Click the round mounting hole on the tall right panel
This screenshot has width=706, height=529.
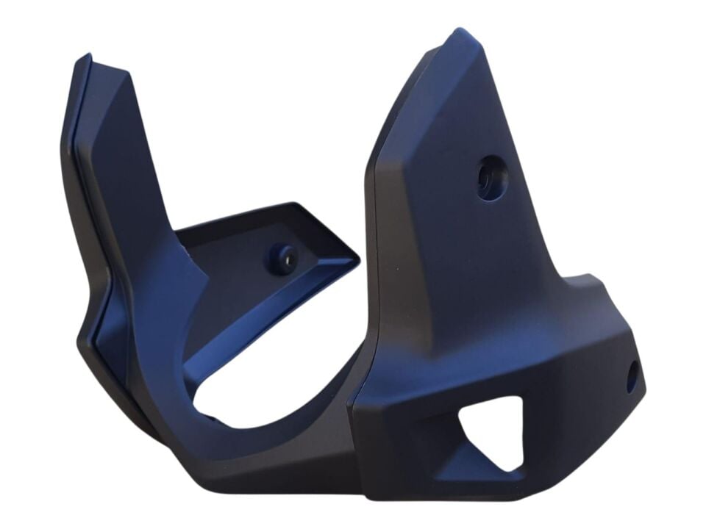pos(487,176)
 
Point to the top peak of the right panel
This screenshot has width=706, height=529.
pos(459,34)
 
